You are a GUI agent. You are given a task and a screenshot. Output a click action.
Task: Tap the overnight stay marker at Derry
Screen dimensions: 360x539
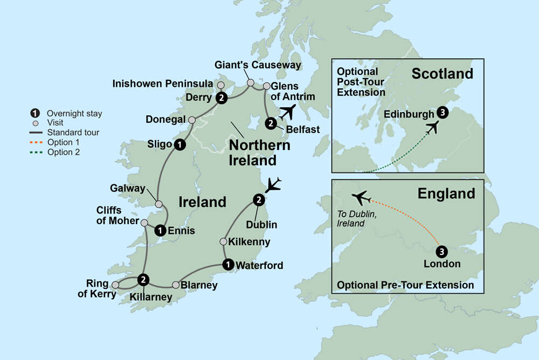(x=221, y=98)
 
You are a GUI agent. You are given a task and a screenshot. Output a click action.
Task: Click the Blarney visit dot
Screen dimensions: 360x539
(x=176, y=285)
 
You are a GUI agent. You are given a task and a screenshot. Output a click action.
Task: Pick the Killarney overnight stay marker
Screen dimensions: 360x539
(x=143, y=279)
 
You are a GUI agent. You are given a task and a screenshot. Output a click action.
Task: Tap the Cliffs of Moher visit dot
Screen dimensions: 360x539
(x=144, y=222)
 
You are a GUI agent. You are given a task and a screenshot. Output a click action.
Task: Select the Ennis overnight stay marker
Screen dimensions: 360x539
(x=160, y=231)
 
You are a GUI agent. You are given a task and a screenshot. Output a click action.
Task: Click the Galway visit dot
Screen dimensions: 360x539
(x=158, y=204)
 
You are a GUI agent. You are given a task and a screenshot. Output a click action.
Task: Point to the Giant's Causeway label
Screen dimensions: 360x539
(x=258, y=65)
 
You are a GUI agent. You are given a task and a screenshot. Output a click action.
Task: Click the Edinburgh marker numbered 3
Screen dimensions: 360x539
(x=443, y=113)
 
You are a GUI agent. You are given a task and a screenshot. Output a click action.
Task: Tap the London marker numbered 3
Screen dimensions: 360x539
(x=441, y=251)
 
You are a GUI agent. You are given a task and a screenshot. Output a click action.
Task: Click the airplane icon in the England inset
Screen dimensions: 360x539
(x=361, y=197)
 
